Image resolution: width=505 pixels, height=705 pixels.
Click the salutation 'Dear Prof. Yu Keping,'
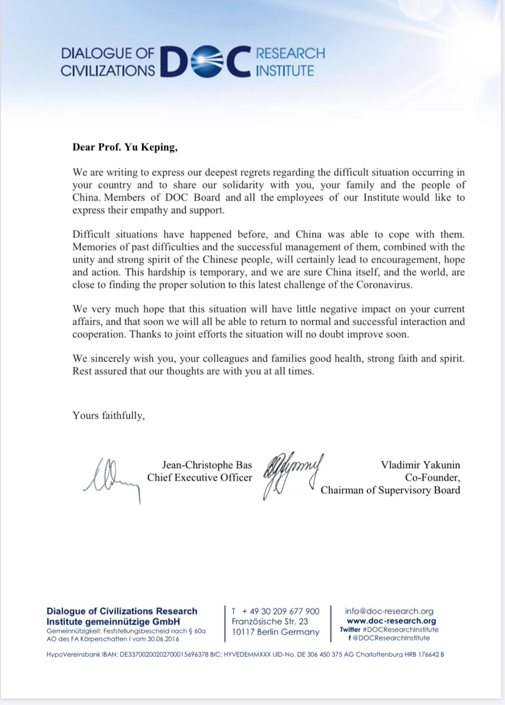coord(125,148)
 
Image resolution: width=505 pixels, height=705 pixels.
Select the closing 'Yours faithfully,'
coord(108,415)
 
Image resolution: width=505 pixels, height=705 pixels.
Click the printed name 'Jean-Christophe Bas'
coord(207,465)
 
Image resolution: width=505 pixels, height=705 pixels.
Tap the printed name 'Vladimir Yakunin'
coord(420,465)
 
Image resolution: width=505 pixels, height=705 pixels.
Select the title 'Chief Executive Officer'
coord(199,478)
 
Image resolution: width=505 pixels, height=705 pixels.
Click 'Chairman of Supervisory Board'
coord(390,490)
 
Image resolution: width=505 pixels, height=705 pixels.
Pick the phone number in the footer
coord(281,611)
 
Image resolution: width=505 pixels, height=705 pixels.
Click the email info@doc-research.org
coord(389,611)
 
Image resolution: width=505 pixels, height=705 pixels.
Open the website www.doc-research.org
coord(391,621)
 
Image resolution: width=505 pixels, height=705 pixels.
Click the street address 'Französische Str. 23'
coord(270,621)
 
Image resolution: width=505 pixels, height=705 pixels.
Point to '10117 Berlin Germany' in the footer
coord(275,632)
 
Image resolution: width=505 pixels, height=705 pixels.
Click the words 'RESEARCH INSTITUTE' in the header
coord(290,62)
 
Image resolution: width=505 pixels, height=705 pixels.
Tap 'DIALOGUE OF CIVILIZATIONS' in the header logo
coord(108,62)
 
